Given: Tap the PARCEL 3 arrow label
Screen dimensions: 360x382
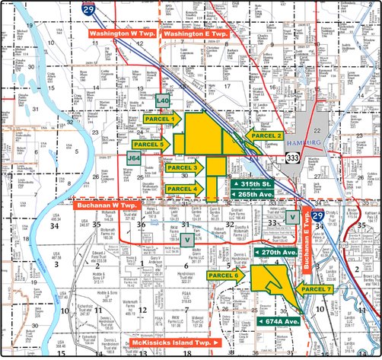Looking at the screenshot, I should (x=183, y=167).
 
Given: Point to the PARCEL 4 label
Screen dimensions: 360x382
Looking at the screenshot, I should (x=183, y=189).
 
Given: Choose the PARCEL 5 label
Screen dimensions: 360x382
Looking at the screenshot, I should (x=151, y=145).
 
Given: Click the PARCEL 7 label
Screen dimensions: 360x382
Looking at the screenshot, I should (x=317, y=290).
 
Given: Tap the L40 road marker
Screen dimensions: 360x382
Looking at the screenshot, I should (x=162, y=100).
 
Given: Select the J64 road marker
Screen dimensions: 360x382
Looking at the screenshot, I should (x=134, y=158).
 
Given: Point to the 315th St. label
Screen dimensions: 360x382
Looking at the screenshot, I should (x=253, y=185).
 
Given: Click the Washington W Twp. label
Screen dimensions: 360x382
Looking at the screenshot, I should (x=122, y=35).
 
